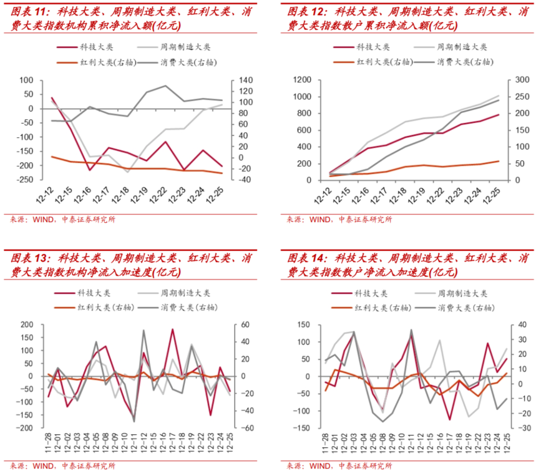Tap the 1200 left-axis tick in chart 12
click(302, 80)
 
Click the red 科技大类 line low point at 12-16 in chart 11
click(90, 170)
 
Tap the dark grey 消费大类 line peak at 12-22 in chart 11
click(166, 86)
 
